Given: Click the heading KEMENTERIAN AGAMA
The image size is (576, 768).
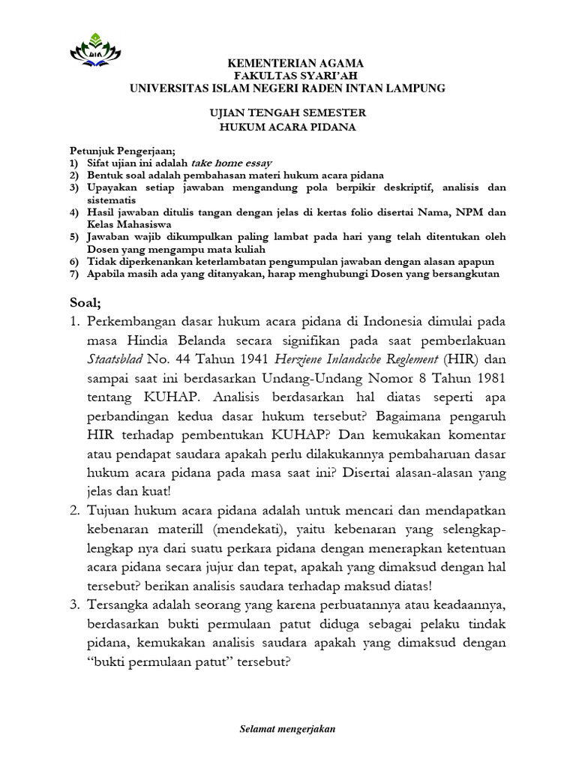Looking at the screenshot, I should click(288, 63).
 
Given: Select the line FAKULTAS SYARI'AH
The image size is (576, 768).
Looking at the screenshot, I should click(288, 76).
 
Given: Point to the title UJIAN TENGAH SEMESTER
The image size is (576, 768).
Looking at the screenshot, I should click(288, 113).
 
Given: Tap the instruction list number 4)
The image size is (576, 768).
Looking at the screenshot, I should click(73, 212).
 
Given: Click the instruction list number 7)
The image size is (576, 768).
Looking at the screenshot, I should click(73, 274).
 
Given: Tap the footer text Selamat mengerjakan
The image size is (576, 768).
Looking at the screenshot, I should click(288, 729).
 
